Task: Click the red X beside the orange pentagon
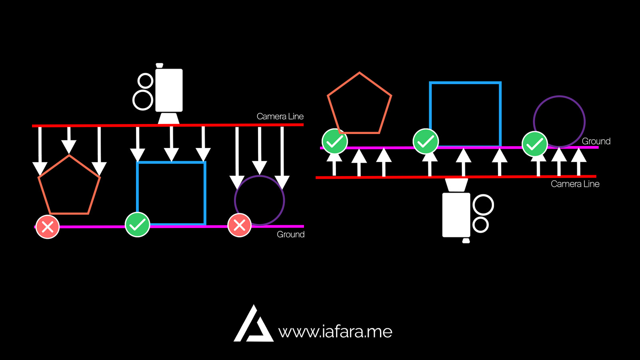pyautogui.click(x=48, y=227)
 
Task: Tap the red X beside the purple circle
pyautogui.click(x=239, y=225)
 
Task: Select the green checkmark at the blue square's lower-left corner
pyautogui.click(x=137, y=224)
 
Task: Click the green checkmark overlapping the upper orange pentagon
pyautogui.click(x=334, y=141)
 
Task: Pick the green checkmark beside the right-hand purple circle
pyautogui.click(x=535, y=144)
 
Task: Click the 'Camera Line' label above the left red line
pyautogui.click(x=280, y=116)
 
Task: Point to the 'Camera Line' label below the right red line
pyautogui.click(x=575, y=184)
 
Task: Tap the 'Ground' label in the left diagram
pyautogui.click(x=290, y=234)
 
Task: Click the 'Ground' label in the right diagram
pyautogui.click(x=596, y=141)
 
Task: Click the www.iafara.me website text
pyautogui.click(x=335, y=332)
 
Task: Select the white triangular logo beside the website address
pyautogui.click(x=253, y=324)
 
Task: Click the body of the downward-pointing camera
pyautogui.click(x=169, y=90)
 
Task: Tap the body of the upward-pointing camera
pyautogui.click(x=456, y=215)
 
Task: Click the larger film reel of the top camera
pyautogui.click(x=143, y=100)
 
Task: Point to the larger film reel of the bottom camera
pyautogui.click(x=483, y=204)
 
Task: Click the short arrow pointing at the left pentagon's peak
pyautogui.click(x=69, y=140)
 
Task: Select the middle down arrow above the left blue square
pyautogui.click(x=171, y=144)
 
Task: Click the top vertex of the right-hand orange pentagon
pyautogui.click(x=360, y=73)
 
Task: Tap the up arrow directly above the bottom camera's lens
pyautogui.click(x=464, y=162)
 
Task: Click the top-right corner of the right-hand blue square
pyautogui.click(x=500, y=83)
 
